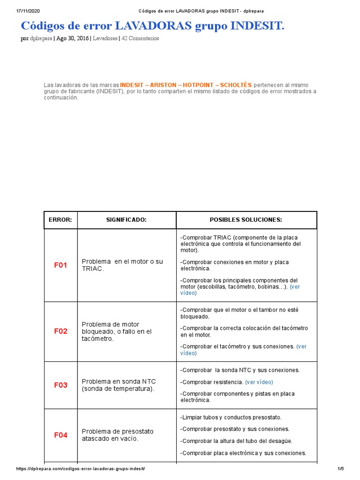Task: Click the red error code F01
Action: click(x=60, y=265)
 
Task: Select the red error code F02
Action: click(x=60, y=331)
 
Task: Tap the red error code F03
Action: click(x=60, y=385)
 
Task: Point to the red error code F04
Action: click(x=60, y=435)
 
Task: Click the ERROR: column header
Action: click(x=60, y=220)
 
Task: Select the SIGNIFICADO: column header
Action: click(x=127, y=220)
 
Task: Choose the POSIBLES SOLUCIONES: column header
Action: click(x=246, y=220)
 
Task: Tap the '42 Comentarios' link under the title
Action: click(x=140, y=38)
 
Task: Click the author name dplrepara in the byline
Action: click(x=41, y=38)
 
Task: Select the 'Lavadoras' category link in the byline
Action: click(x=105, y=38)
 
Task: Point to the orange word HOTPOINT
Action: click(x=199, y=85)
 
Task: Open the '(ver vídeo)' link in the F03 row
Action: click(x=259, y=382)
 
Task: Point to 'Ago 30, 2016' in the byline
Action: click(x=72, y=38)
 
